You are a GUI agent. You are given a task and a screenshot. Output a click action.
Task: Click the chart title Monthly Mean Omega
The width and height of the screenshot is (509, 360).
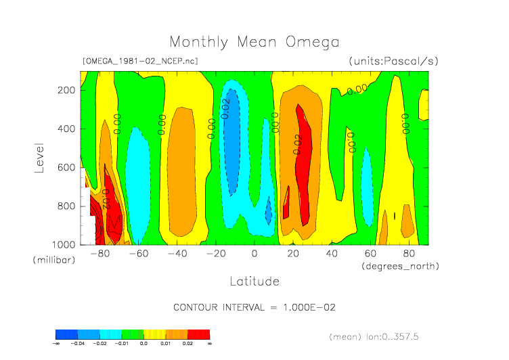click(x=255, y=42)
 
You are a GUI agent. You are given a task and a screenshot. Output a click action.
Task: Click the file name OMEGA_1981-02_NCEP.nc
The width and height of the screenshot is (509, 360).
click(x=139, y=61)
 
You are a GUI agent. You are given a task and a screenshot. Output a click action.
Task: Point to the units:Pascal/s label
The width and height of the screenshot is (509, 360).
click(x=394, y=61)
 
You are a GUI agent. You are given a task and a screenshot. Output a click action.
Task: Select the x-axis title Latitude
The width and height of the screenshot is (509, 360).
click(x=255, y=280)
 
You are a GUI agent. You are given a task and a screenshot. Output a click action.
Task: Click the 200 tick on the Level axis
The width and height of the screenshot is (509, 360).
click(x=66, y=90)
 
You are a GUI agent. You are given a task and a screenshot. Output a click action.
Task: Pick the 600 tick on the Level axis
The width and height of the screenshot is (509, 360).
click(x=66, y=167)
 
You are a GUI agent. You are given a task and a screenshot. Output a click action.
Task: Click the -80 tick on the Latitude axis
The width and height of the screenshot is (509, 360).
click(x=100, y=254)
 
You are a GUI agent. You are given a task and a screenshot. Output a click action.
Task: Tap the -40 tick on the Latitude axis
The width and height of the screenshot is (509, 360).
click(x=177, y=254)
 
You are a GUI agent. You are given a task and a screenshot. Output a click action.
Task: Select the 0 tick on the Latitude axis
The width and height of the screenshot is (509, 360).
click(x=255, y=254)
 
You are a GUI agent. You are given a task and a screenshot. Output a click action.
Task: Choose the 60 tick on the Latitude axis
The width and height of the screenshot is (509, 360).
click(x=370, y=254)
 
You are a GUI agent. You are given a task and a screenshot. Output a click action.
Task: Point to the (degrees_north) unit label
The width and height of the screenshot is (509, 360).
click(x=400, y=266)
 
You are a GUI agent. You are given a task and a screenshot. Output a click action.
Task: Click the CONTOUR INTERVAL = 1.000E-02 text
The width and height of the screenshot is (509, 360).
click(x=255, y=307)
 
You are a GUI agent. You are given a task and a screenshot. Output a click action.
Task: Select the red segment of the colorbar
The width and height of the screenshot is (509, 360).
click(x=198, y=334)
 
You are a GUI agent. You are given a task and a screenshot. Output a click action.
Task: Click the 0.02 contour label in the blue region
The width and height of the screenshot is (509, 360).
click(x=226, y=108)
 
